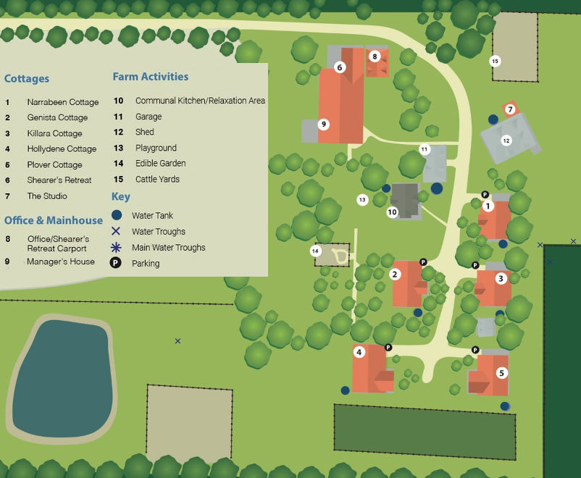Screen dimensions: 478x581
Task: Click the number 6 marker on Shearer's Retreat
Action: (x=339, y=67)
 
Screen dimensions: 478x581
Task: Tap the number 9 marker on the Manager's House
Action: (x=324, y=124)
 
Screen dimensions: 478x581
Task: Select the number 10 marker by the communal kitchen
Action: (x=392, y=212)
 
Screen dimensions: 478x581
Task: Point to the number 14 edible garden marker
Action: (x=315, y=251)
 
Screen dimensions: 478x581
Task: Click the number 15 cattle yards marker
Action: (x=495, y=61)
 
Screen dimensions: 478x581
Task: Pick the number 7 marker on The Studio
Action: (x=510, y=109)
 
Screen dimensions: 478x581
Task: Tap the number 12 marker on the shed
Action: (x=506, y=141)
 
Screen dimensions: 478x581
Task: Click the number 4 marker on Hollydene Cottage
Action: (x=359, y=352)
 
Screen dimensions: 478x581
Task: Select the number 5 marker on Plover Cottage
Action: (x=501, y=373)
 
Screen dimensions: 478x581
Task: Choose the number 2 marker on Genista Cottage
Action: (x=395, y=274)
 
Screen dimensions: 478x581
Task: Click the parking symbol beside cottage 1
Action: (x=485, y=194)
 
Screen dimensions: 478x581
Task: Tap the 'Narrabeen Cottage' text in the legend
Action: (x=63, y=102)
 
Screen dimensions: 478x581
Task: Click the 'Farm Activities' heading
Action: (x=150, y=77)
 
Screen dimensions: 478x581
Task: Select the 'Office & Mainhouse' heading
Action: (x=54, y=220)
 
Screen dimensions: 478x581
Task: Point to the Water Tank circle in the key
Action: (x=117, y=215)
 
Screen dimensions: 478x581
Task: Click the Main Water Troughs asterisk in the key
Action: (x=117, y=247)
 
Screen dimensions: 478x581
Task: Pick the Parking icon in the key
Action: (x=116, y=264)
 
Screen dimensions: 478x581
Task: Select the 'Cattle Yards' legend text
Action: (x=157, y=179)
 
